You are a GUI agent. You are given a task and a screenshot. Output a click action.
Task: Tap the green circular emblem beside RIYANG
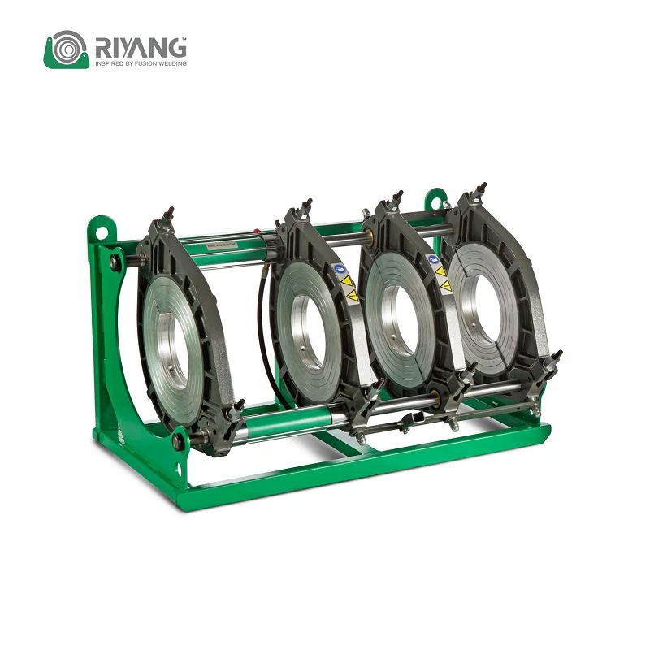point(67,50)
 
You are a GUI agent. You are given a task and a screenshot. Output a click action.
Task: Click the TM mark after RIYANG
point(184,38)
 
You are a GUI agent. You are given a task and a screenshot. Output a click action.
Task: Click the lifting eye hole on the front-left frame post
point(101,231)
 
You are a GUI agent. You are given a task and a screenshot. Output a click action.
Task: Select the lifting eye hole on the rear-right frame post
point(436,202)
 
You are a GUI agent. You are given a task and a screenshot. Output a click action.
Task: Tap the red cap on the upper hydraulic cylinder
point(258,232)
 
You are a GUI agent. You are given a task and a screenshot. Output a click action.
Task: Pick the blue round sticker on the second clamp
point(339,269)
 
